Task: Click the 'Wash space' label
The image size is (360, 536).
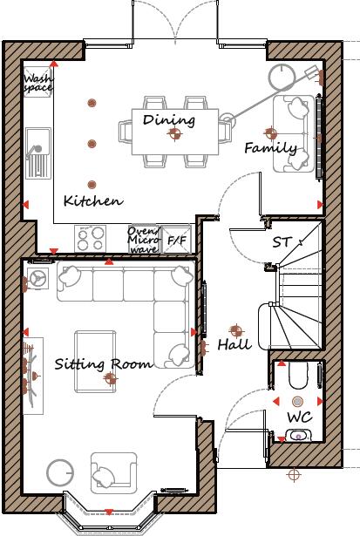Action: pos(37,83)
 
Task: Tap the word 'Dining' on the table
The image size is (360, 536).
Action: pos(169,119)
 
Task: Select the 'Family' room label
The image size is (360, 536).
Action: pos(270,148)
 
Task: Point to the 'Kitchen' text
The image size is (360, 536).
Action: pos(92,200)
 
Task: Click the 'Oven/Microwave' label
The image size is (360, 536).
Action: pos(142,239)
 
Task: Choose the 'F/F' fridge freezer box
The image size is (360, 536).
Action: pos(177,239)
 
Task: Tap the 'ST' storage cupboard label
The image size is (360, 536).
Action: pos(282,241)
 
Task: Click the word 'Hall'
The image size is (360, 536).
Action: pos(234,344)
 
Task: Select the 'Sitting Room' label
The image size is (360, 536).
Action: pos(103,363)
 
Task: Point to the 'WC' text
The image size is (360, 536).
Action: pos(298,417)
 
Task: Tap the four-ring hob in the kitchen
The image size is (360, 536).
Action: pos(92,238)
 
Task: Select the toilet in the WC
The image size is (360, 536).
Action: pos(296,376)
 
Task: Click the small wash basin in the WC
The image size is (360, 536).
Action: pos(298,436)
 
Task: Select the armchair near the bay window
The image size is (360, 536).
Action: pos(112,472)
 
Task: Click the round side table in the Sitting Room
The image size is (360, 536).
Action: pos(61,473)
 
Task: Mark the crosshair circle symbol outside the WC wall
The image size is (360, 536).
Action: pos(294,475)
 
